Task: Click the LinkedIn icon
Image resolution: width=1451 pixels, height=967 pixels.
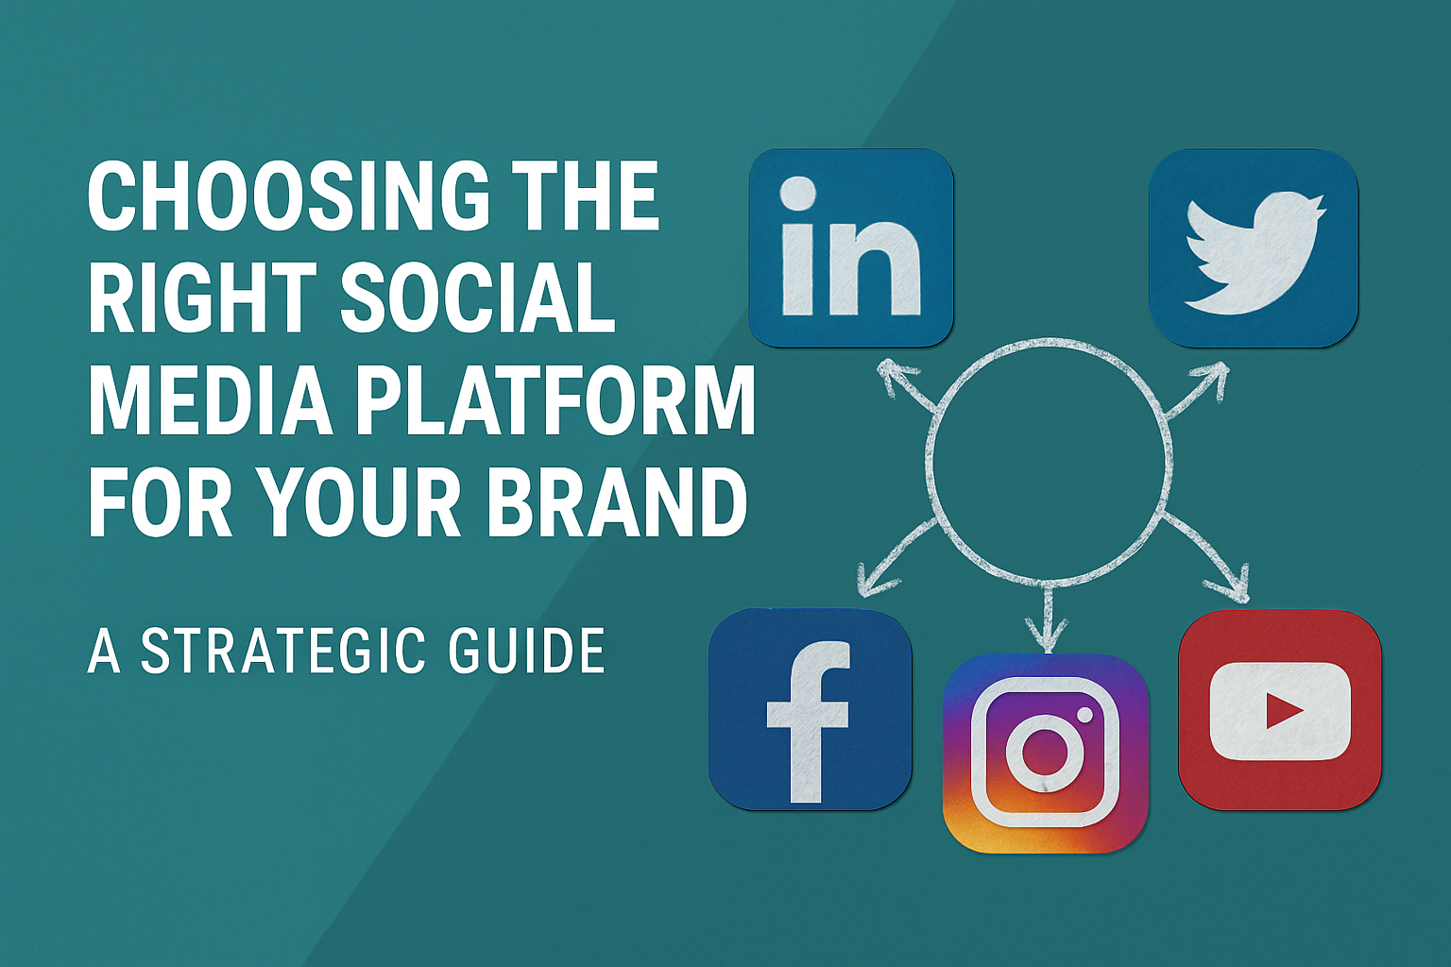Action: [x=850, y=247]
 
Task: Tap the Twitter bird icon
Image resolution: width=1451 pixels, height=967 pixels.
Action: [x=1253, y=248]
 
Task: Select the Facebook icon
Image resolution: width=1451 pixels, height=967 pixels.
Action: [x=811, y=709]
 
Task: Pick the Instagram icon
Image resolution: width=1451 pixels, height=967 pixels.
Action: [x=1045, y=753]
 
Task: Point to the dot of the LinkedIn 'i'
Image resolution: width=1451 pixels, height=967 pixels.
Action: [x=798, y=194]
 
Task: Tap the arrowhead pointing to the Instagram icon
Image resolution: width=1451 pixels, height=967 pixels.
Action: [x=1046, y=635]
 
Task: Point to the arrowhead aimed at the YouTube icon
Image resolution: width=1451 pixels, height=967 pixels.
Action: [x=1236, y=587]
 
